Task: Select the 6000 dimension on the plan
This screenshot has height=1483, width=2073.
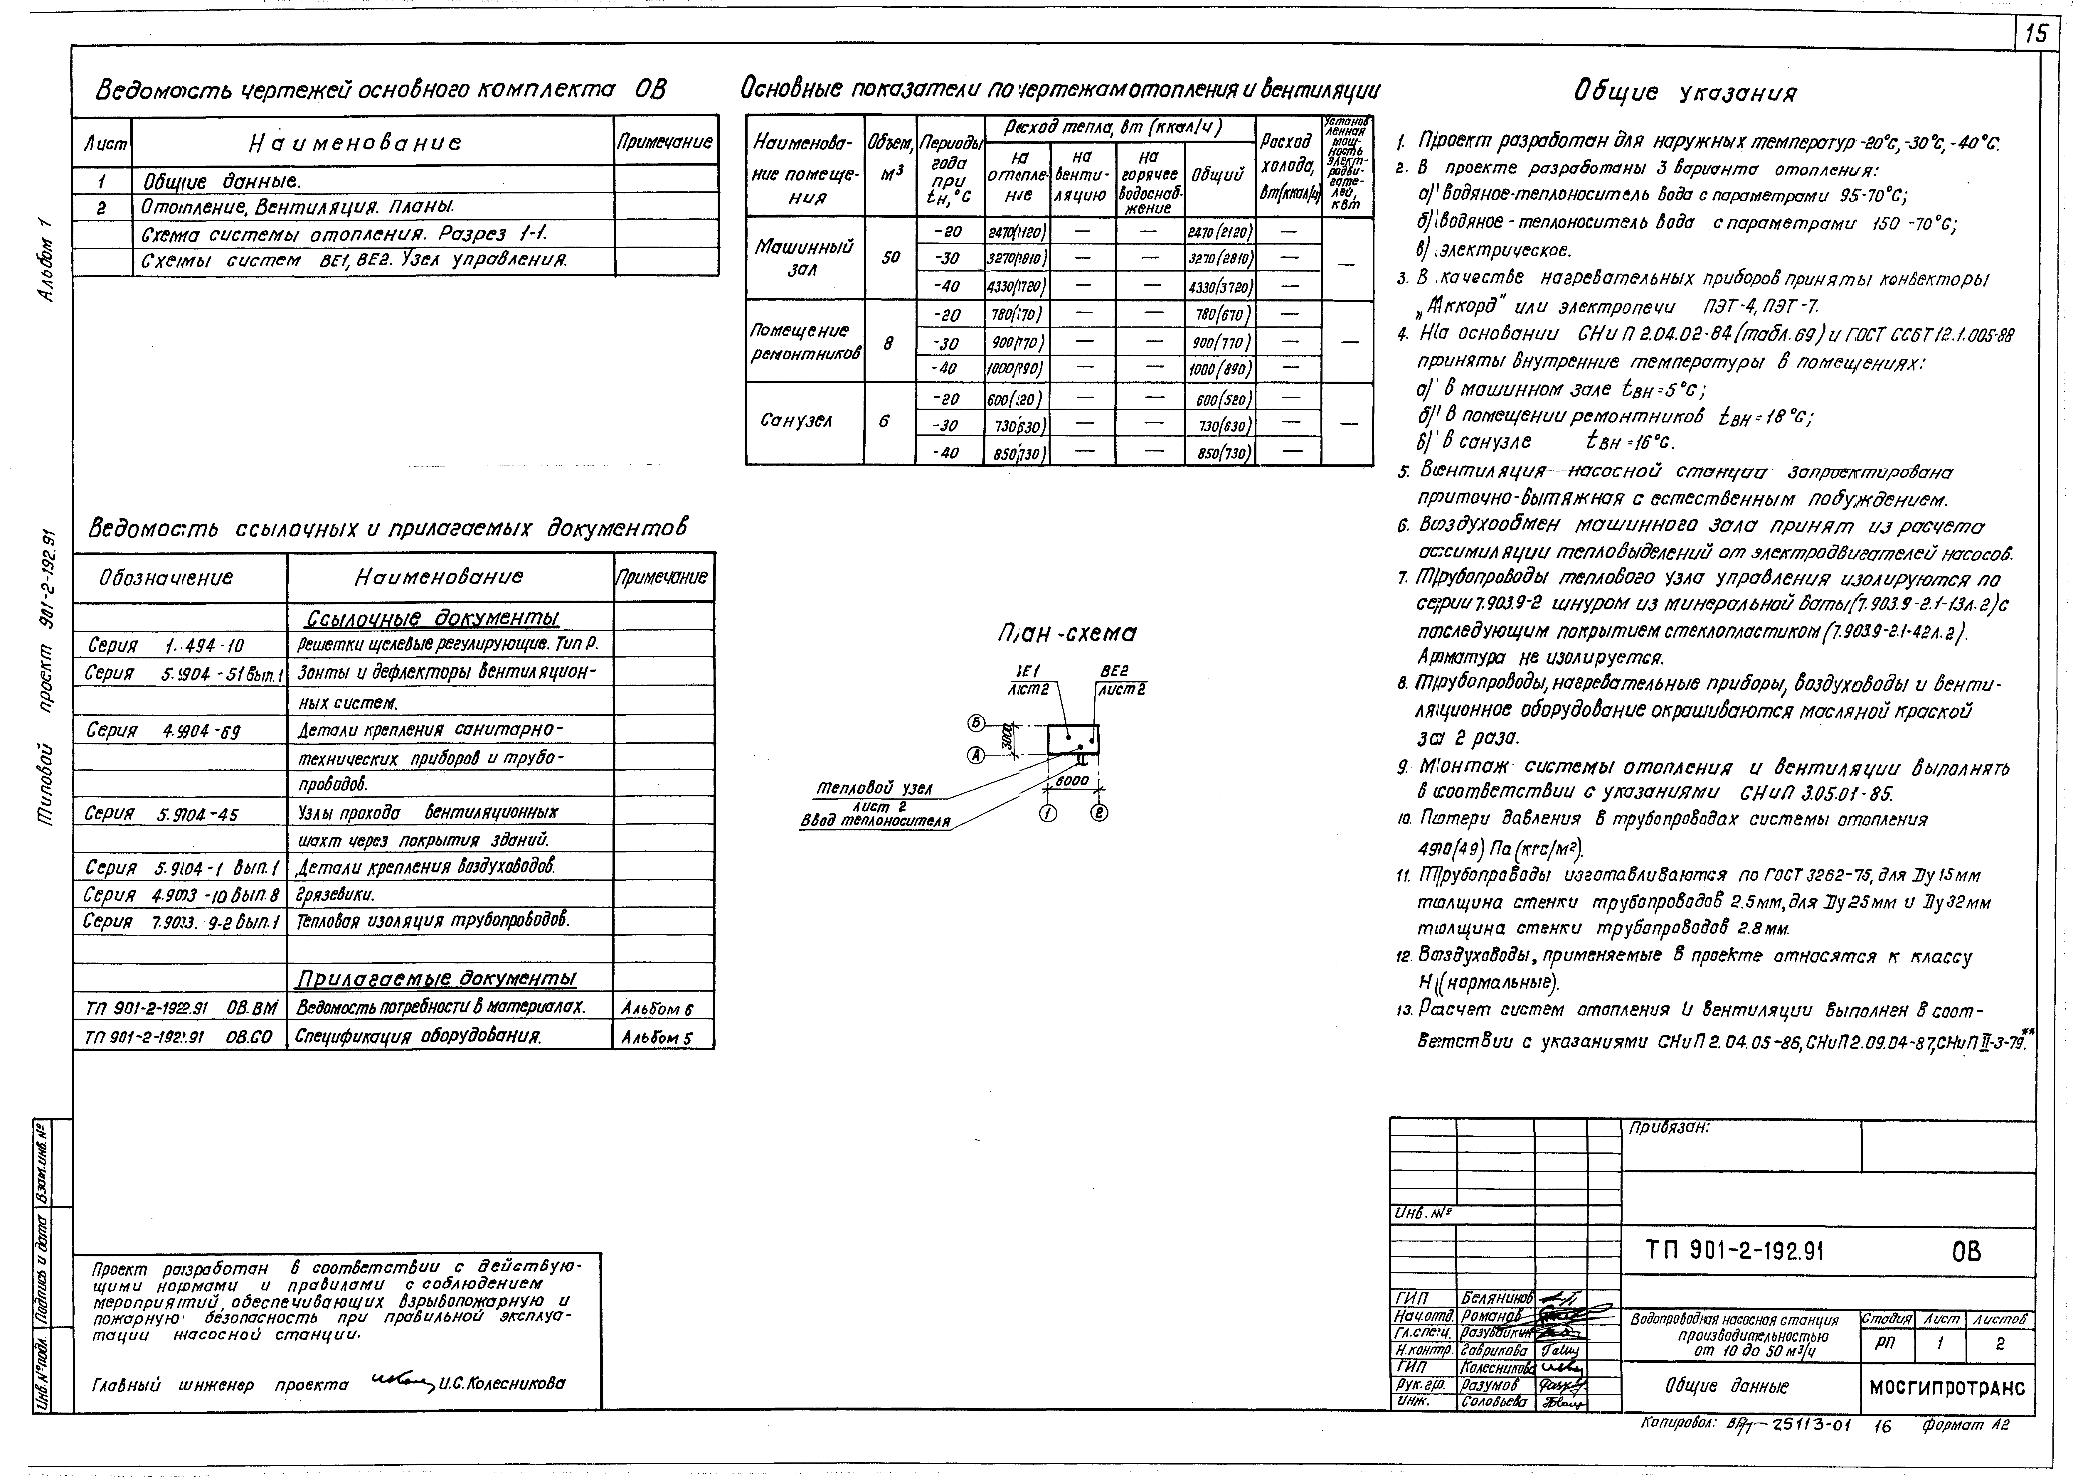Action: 1071,781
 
